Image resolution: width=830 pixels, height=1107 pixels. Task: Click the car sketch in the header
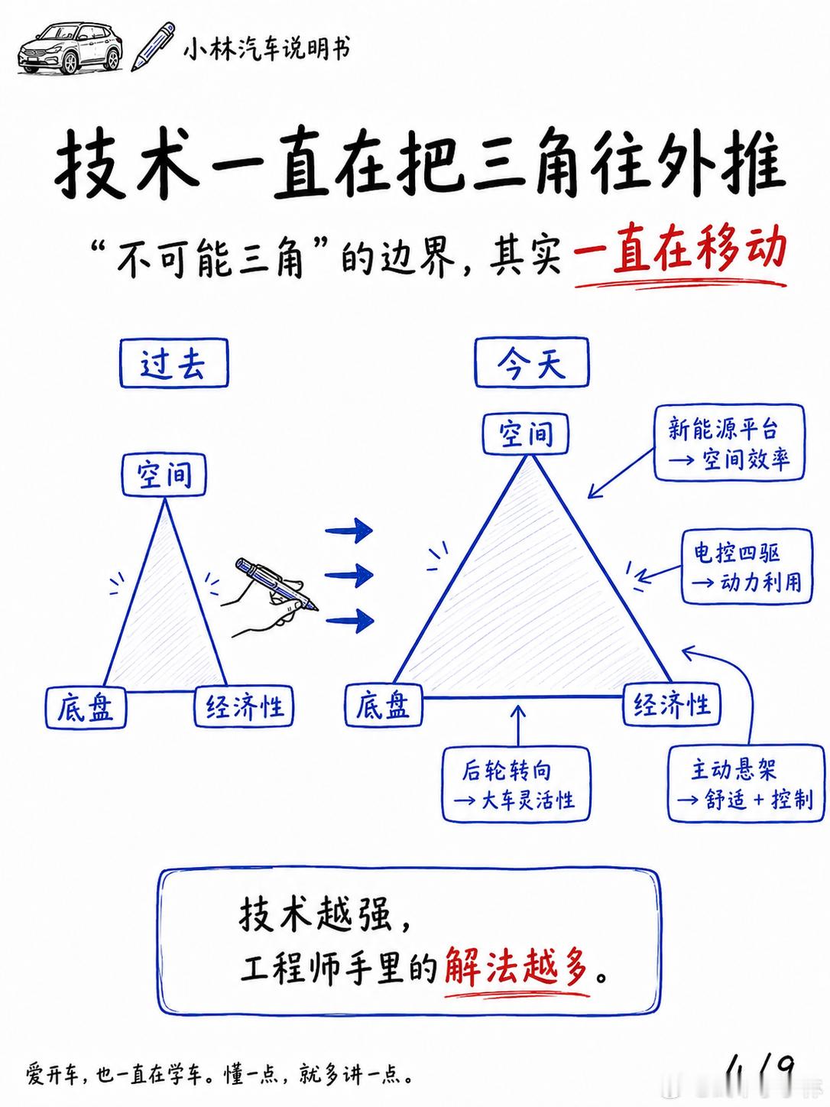point(70,49)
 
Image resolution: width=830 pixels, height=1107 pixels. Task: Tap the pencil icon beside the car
point(153,47)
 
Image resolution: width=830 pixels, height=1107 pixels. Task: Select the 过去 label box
point(173,363)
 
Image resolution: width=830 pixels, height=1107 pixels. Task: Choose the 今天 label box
point(531,363)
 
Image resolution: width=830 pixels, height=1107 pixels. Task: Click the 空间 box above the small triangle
point(164,475)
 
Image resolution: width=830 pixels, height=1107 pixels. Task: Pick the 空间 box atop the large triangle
point(526,433)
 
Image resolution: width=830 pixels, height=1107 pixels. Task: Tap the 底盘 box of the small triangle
point(86,706)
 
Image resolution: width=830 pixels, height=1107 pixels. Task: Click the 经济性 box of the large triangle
point(672,704)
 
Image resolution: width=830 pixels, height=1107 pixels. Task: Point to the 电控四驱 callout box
point(747,566)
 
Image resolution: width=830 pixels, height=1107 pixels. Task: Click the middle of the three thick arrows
point(349,575)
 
